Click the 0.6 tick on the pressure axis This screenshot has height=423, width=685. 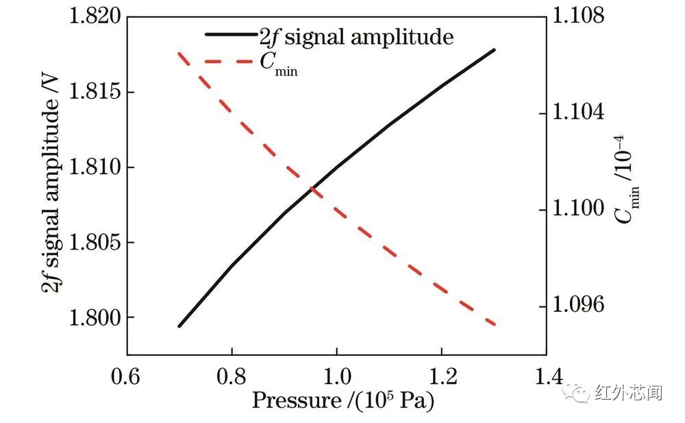click(x=127, y=376)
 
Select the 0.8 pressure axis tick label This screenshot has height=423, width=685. click(x=232, y=376)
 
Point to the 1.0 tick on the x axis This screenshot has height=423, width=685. click(x=336, y=376)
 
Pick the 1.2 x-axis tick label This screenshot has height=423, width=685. click(x=441, y=376)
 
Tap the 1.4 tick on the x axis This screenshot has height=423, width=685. click(x=546, y=376)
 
